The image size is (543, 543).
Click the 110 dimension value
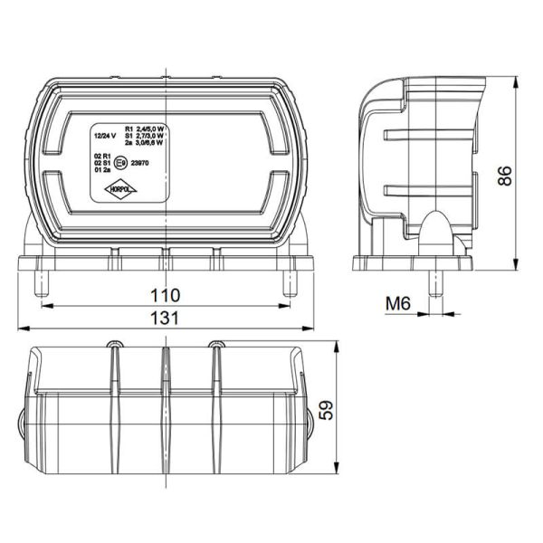[165, 295]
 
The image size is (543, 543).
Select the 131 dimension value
[165, 318]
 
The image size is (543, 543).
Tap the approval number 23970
[141, 164]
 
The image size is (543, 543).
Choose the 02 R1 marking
[101, 156]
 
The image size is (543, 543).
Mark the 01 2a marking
[101, 170]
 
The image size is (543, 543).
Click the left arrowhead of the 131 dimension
[20, 328]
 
